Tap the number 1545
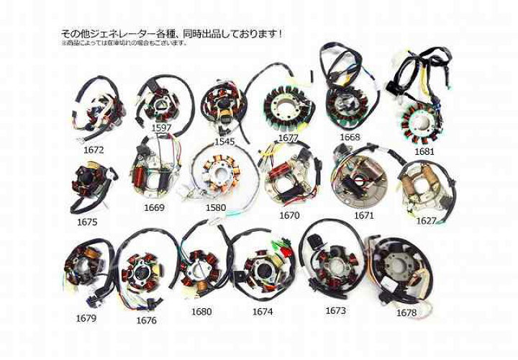point(224,142)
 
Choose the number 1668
point(350,136)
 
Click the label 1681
point(424,151)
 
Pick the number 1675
point(86,222)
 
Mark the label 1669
point(154,208)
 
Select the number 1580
point(215,208)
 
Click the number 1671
point(364,215)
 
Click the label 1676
point(145,320)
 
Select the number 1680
point(201,312)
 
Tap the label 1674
point(263,312)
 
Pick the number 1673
point(335,310)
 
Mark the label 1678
point(406,313)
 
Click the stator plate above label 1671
point(363,180)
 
